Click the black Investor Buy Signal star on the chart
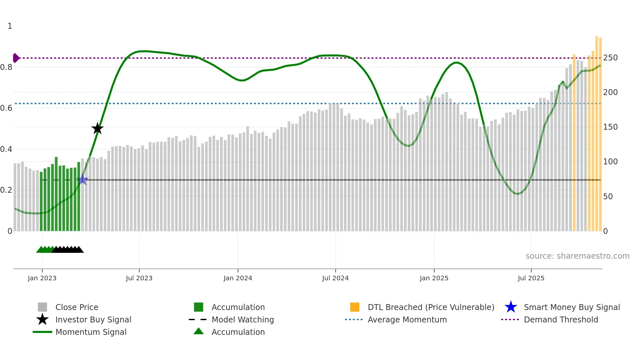[97, 129]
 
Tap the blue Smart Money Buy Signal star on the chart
[83, 180]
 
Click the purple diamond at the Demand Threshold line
[16, 58]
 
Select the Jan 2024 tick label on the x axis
[238, 278]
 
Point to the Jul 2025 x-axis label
[531, 278]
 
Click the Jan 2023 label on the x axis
[42, 278]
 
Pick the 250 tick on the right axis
[610, 58]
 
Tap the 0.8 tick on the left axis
[7, 67]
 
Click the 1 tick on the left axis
[10, 26]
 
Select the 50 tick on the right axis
[608, 197]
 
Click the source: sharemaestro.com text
[577, 256]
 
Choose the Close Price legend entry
[77, 307]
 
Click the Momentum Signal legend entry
[91, 332]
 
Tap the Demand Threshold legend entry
[561, 319]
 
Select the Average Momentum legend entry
[407, 319]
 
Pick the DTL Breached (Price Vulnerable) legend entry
[431, 307]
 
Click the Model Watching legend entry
[243, 319]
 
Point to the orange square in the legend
[355, 307]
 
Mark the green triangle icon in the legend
[199, 331]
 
